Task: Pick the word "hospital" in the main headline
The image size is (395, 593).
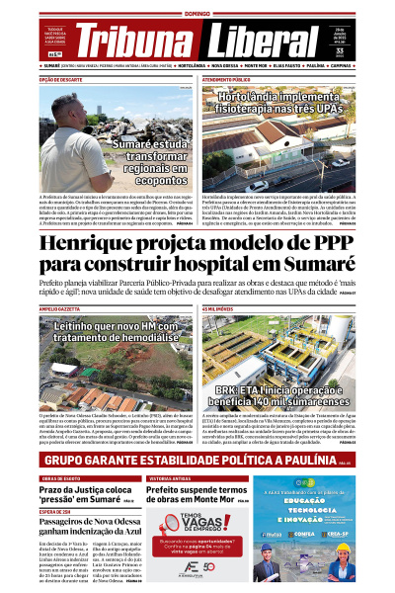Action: tap(212, 265)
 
